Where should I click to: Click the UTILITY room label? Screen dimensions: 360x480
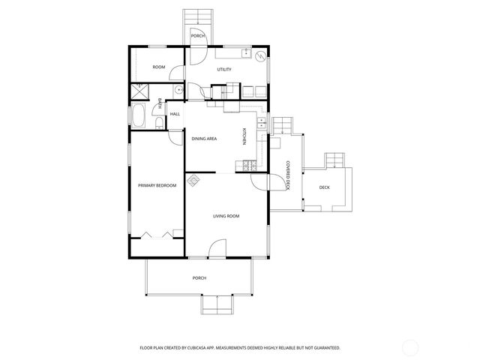coord(223,70)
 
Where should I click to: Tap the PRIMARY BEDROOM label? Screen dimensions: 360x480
coord(157,185)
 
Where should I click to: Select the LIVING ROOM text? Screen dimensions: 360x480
coord(226,216)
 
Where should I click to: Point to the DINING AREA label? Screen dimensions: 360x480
coord(205,139)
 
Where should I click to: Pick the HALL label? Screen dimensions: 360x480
coord(175,114)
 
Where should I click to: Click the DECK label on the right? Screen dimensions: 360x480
coord(324,187)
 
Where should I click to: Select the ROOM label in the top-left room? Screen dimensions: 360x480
coord(158,67)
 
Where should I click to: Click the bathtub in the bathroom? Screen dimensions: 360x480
coord(140,117)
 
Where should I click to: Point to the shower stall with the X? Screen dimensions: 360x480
coord(139,91)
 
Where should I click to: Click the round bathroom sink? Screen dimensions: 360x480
coord(178,90)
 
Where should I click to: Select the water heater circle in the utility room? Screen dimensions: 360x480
coord(259,57)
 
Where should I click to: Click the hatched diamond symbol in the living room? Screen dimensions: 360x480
coord(193,180)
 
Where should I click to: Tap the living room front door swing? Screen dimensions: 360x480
coord(217,247)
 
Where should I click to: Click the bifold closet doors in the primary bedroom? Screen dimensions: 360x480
coord(157,233)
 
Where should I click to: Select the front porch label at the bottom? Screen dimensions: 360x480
coord(199,277)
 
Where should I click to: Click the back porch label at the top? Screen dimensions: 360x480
coord(197,36)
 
